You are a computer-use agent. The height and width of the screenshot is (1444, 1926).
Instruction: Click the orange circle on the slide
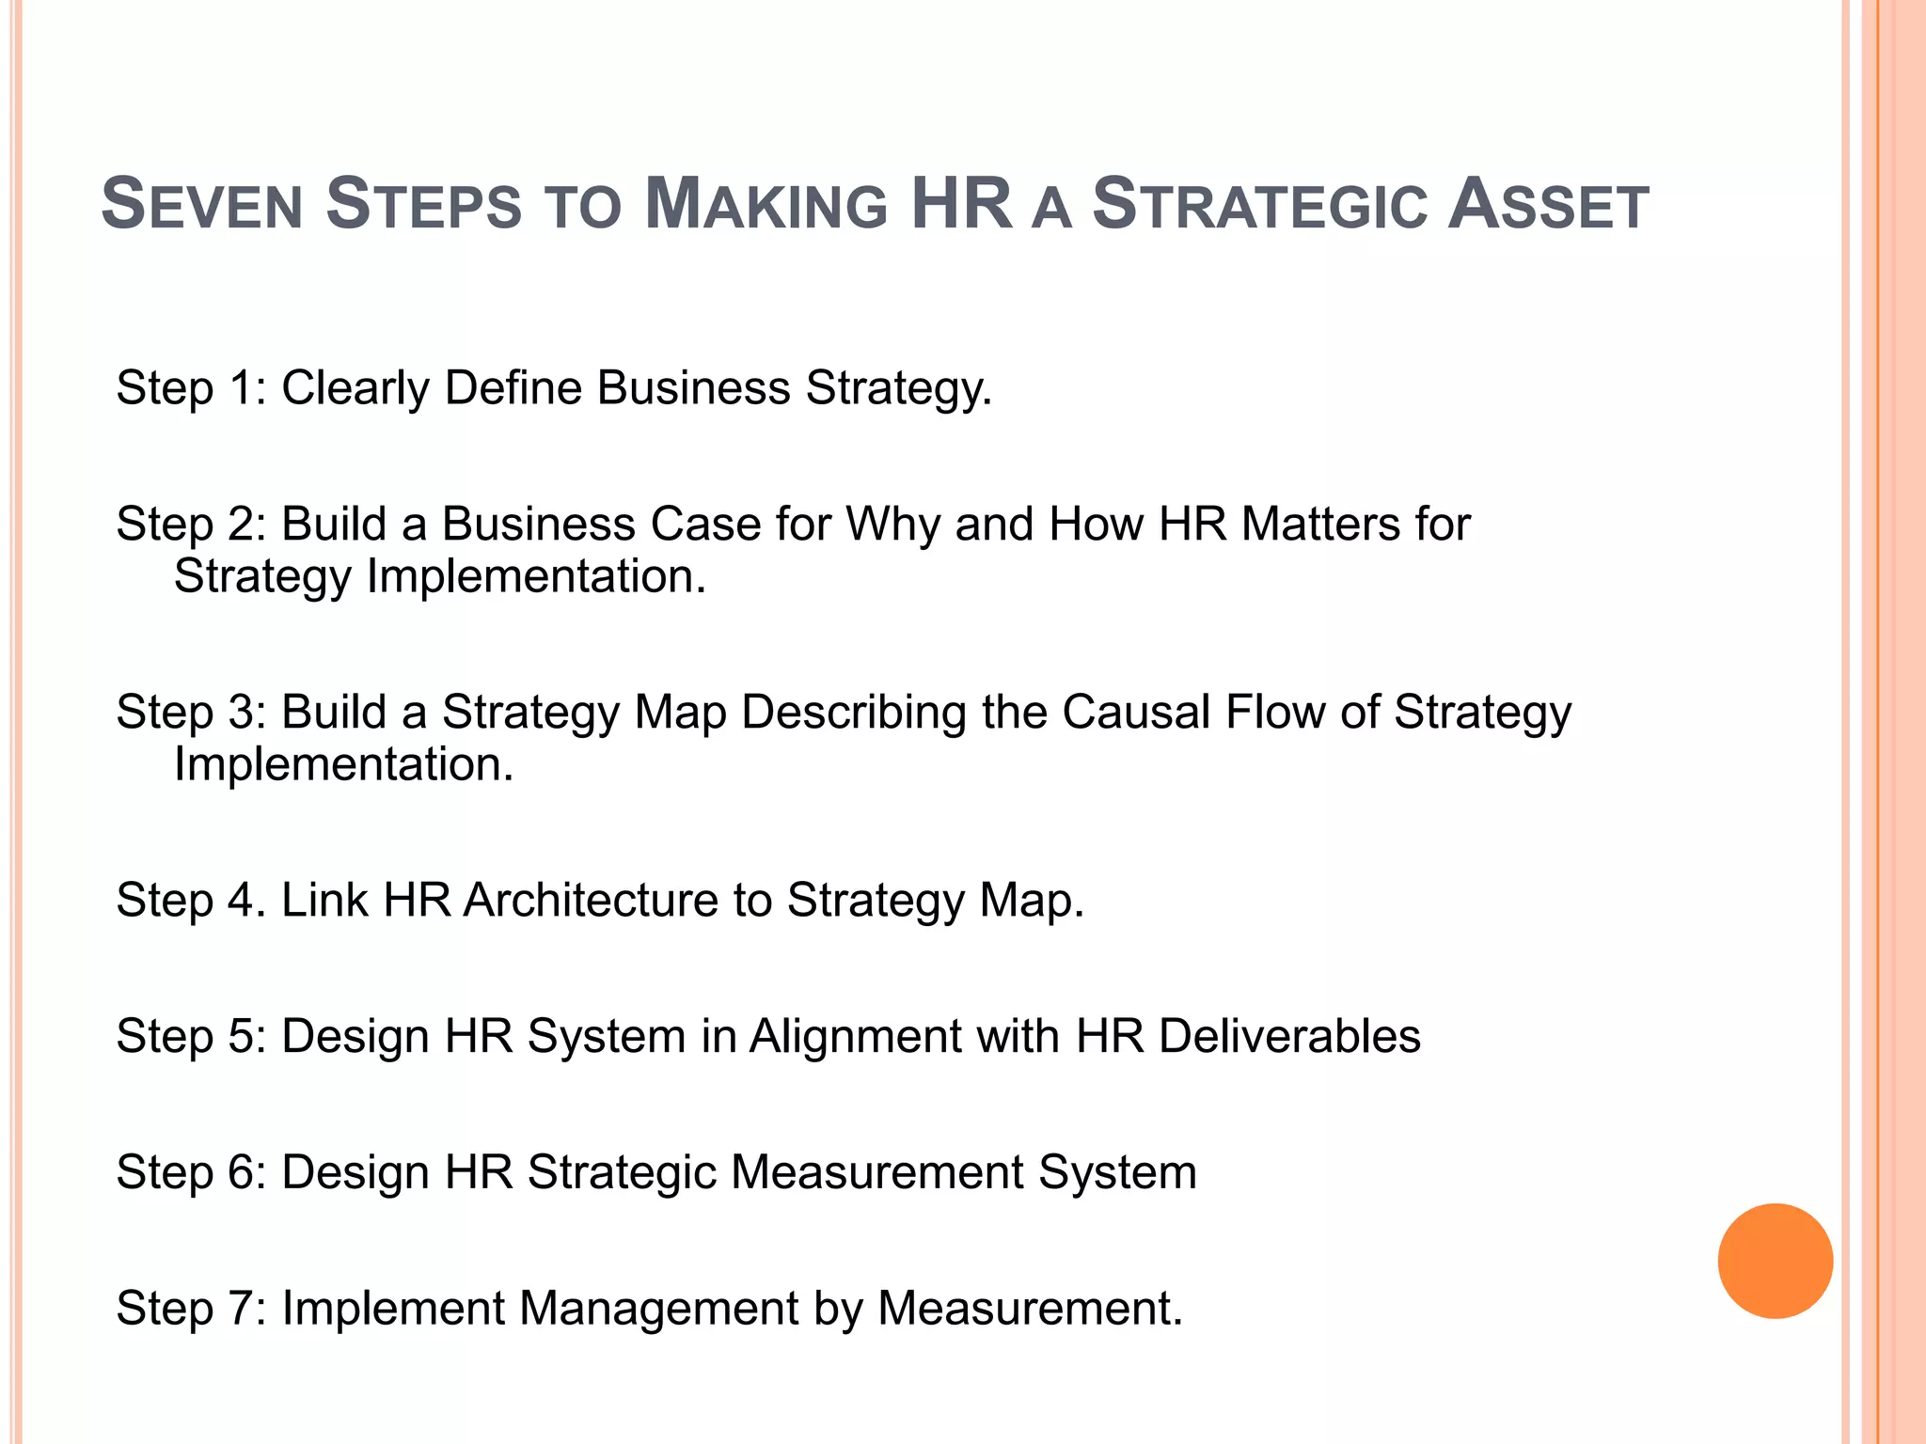[1775, 1261]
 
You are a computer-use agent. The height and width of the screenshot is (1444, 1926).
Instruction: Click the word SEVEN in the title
[201, 205]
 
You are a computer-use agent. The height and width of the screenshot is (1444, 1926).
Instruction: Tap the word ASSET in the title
[1548, 205]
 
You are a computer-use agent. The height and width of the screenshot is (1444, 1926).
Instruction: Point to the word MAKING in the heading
[766, 205]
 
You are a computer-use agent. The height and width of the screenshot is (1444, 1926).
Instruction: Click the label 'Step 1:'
[192, 388]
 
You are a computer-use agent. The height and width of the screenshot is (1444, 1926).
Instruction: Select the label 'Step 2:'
[192, 524]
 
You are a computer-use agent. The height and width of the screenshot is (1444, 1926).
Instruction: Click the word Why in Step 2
[892, 524]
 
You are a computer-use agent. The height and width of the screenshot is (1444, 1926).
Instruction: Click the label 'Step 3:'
[192, 712]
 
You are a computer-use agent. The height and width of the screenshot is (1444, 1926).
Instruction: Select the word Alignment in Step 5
[856, 1037]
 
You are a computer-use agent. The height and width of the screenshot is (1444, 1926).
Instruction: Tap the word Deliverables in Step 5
[1289, 1036]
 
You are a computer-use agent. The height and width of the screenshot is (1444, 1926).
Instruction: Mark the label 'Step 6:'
[192, 1172]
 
